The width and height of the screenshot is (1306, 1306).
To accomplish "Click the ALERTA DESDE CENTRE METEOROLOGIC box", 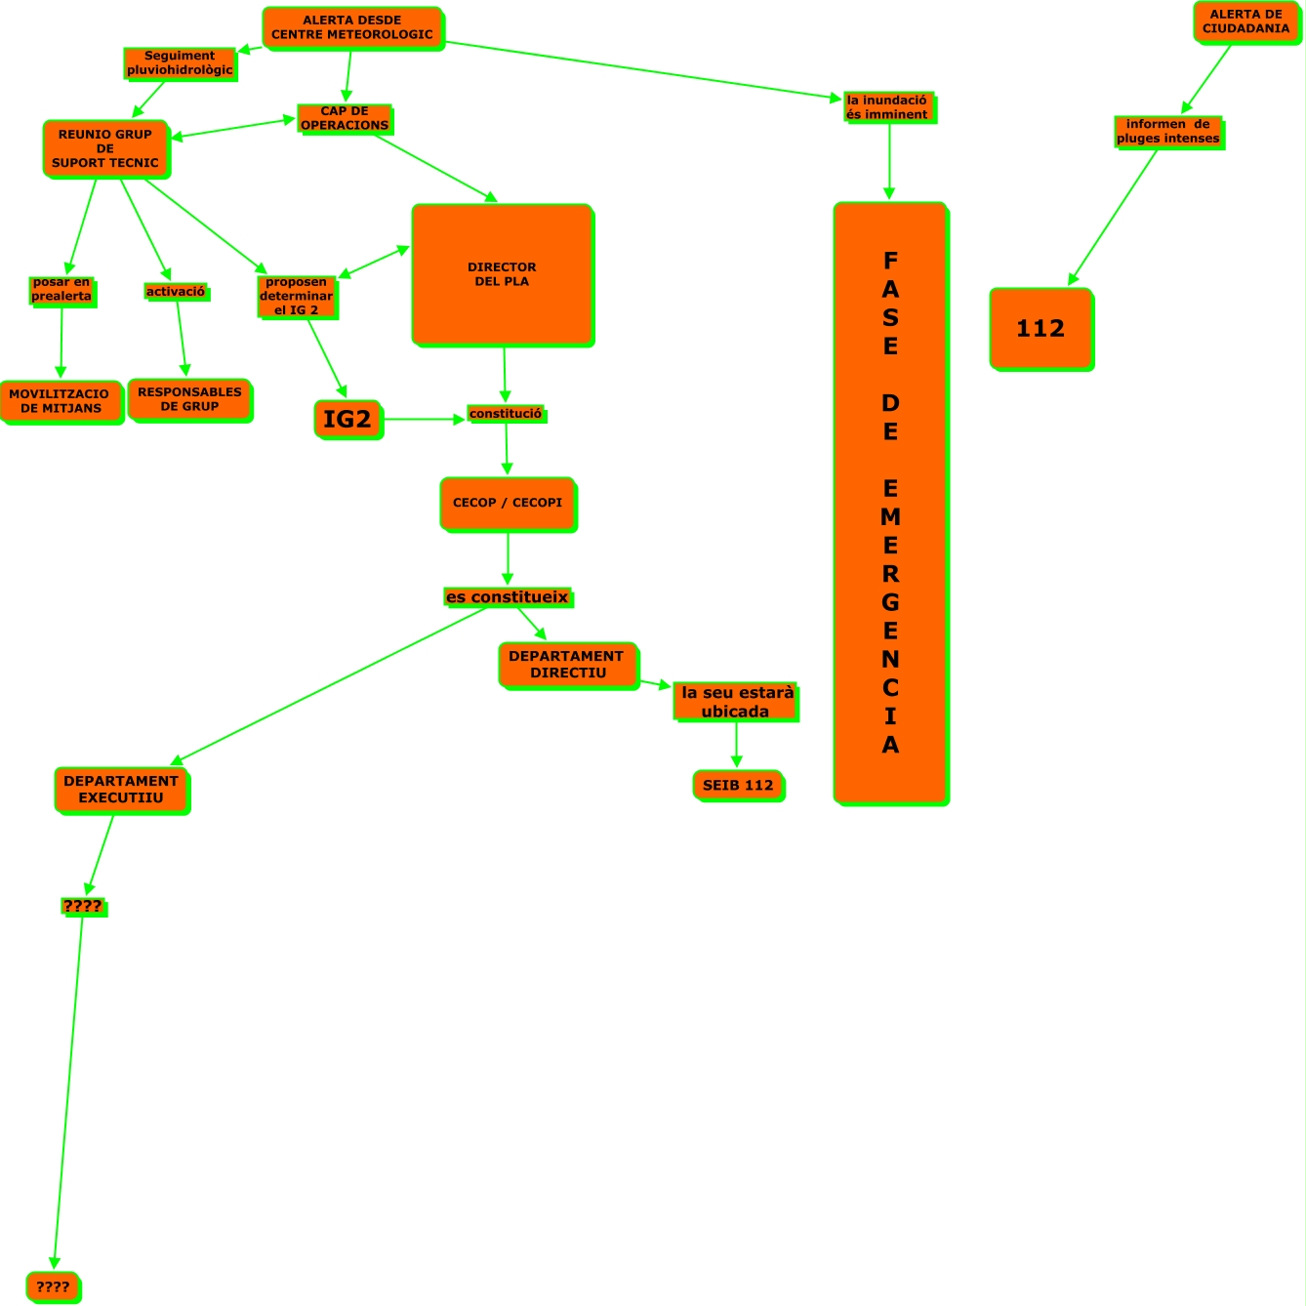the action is (x=352, y=27).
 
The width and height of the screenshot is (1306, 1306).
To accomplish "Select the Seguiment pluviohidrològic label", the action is (x=181, y=63).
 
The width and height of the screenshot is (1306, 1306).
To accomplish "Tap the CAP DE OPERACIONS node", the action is (x=345, y=118).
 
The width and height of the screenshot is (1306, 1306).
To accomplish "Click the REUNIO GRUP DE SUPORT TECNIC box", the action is (x=105, y=148).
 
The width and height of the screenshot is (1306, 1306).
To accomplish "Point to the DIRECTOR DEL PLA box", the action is (x=502, y=274).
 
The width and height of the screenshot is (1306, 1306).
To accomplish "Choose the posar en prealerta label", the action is (x=61, y=290).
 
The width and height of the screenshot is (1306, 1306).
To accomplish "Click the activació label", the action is (x=176, y=292).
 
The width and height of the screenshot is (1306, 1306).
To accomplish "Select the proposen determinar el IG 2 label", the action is (x=297, y=296).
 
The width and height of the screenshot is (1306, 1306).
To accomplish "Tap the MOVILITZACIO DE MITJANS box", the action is (x=61, y=401).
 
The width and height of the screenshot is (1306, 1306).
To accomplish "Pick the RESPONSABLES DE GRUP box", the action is (x=189, y=399).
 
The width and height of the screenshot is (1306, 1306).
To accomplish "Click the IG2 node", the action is (x=347, y=420).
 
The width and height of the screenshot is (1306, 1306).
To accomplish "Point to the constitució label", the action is (x=506, y=414).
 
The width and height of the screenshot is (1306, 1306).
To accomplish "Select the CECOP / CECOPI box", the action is (x=508, y=503).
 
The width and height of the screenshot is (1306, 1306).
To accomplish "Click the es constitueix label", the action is (x=507, y=597).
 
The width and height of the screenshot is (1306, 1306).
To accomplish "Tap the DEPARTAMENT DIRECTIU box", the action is (x=567, y=665).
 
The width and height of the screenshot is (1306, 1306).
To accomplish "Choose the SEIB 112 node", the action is (x=738, y=786).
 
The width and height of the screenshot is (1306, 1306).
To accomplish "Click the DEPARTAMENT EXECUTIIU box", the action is (x=121, y=790).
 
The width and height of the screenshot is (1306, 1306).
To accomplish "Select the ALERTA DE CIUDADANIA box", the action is (x=1246, y=21).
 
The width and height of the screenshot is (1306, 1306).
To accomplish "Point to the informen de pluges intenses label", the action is (x=1168, y=132).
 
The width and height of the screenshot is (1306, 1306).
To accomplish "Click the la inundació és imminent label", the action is (x=887, y=107).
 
